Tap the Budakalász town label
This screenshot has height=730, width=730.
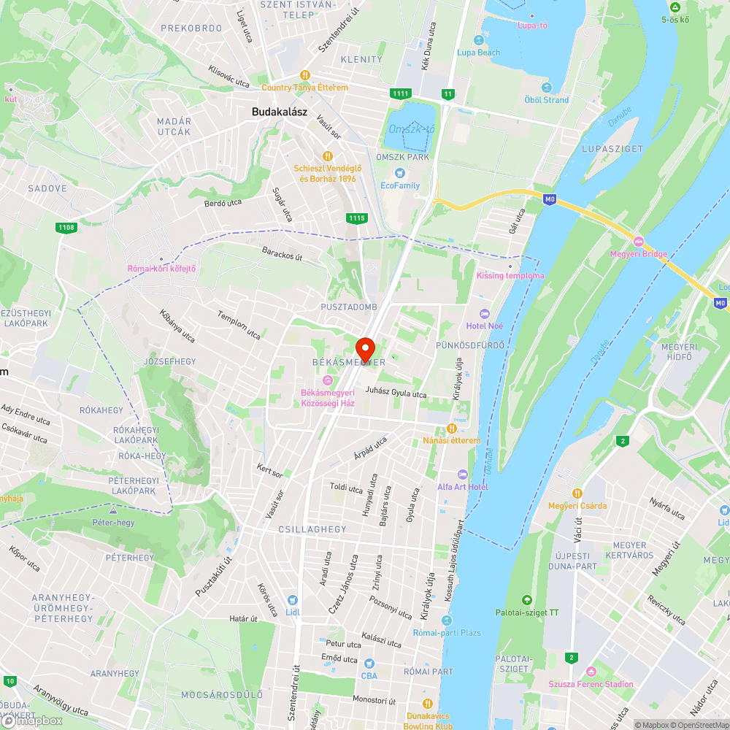click(x=280, y=112)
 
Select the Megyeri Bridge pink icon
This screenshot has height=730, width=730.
click(x=639, y=242)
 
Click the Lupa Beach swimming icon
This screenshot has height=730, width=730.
click(x=479, y=39)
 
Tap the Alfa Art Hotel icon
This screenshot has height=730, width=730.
click(x=461, y=475)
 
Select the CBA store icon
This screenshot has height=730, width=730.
click(x=369, y=664)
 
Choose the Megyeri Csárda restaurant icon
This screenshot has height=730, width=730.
click(x=577, y=493)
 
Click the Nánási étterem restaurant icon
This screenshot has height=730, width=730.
click(x=452, y=429)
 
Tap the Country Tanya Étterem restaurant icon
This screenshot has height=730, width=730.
click(x=305, y=75)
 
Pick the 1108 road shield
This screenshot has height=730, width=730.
click(x=66, y=228)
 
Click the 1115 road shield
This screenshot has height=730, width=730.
click(x=356, y=218)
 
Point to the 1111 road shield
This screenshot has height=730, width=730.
click(x=400, y=93)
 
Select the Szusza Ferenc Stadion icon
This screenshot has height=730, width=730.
click(x=591, y=672)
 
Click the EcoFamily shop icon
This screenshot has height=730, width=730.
click(x=399, y=173)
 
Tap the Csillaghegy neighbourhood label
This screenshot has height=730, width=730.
click(x=317, y=530)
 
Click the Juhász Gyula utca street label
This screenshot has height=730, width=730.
click(x=396, y=394)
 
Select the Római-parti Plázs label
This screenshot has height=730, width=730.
click(x=447, y=633)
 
